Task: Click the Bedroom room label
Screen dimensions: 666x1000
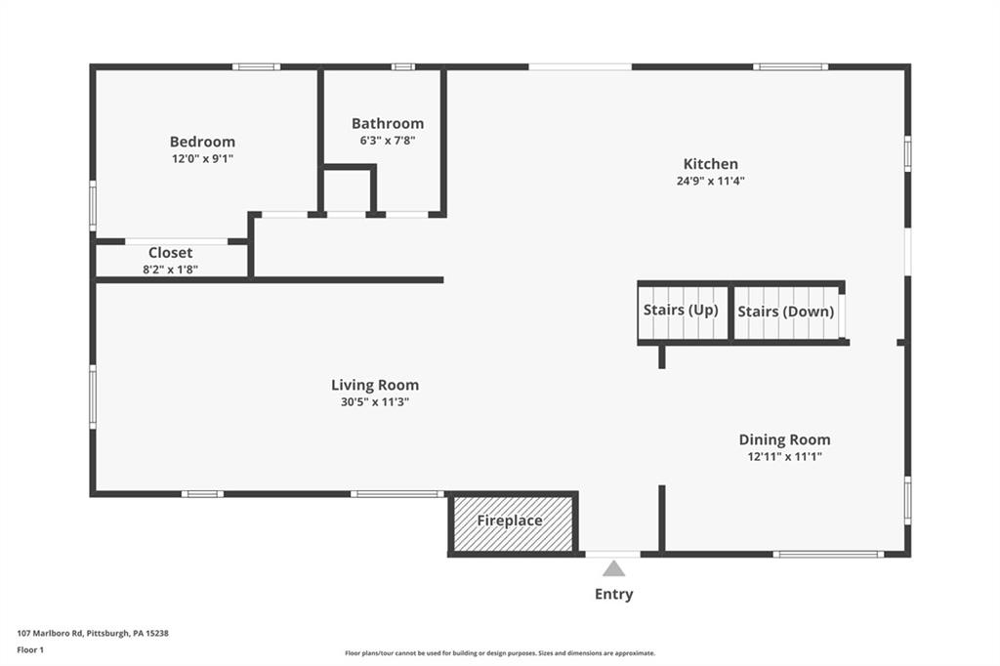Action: pyautogui.click(x=202, y=142)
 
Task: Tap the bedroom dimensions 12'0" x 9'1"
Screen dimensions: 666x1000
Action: pyautogui.click(x=202, y=158)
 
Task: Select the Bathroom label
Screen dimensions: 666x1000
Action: pyautogui.click(x=388, y=123)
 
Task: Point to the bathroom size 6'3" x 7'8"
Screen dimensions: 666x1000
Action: pyautogui.click(x=388, y=140)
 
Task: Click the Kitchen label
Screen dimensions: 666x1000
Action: pyautogui.click(x=710, y=164)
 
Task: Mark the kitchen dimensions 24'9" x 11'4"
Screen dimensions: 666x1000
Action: pyautogui.click(x=710, y=181)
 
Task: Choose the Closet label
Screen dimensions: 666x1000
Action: pyautogui.click(x=171, y=253)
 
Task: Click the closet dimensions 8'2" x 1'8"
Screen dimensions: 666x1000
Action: pyautogui.click(x=171, y=269)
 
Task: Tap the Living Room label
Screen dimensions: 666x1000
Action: pyautogui.click(x=375, y=385)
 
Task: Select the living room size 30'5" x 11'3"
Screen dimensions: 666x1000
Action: pyautogui.click(x=375, y=401)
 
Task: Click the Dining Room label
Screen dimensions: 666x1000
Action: pyautogui.click(x=784, y=439)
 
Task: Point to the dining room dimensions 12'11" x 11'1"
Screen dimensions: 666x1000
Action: pyautogui.click(x=784, y=456)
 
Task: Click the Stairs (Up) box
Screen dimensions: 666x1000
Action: pyautogui.click(x=681, y=311)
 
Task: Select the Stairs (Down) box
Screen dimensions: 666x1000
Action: pyautogui.click(x=786, y=312)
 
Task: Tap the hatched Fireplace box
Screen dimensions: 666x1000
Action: pyautogui.click(x=510, y=521)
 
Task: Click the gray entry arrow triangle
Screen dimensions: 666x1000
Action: pyautogui.click(x=613, y=569)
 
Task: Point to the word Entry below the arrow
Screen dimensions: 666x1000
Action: pyautogui.click(x=613, y=594)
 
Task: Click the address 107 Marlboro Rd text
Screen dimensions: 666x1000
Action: pyautogui.click(x=93, y=633)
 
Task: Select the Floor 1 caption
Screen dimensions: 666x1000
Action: pyautogui.click(x=32, y=649)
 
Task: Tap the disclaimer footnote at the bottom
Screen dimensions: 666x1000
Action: pyautogui.click(x=499, y=653)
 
